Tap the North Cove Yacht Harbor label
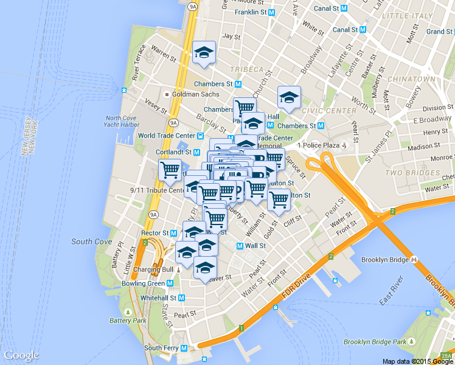click(x=122, y=121)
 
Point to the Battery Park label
click(x=128, y=320)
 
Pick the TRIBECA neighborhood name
click(x=247, y=69)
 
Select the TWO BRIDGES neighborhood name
click(x=412, y=173)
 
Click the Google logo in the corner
click(x=21, y=355)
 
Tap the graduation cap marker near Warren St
click(x=204, y=54)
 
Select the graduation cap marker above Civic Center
click(x=289, y=98)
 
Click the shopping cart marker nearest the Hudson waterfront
click(x=170, y=170)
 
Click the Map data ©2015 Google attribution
click(x=418, y=361)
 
